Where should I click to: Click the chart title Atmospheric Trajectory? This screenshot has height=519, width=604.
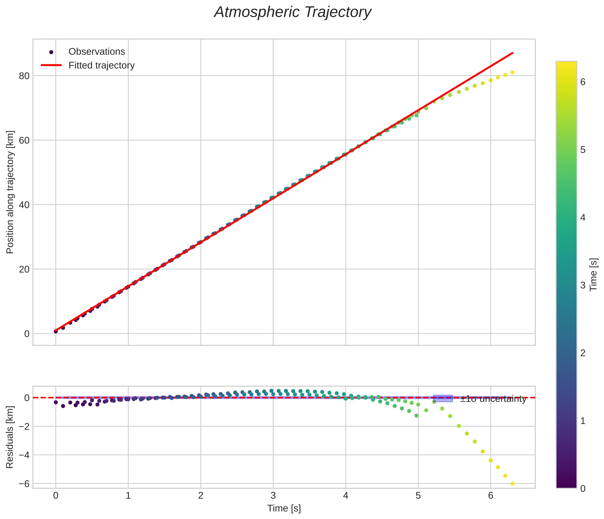click(x=293, y=12)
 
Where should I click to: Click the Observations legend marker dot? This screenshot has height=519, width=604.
click(x=51, y=52)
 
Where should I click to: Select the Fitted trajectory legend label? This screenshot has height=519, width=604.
click(x=101, y=65)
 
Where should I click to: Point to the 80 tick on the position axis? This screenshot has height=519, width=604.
click(x=24, y=76)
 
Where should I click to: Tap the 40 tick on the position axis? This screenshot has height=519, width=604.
click(x=24, y=205)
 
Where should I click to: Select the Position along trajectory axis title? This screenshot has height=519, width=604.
click(x=10, y=192)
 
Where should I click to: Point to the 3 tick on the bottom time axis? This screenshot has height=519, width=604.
click(x=273, y=496)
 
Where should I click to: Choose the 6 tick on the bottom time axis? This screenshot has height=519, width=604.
click(x=491, y=496)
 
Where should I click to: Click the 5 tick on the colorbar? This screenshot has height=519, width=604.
click(x=583, y=150)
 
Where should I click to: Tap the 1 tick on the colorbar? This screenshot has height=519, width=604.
click(x=583, y=421)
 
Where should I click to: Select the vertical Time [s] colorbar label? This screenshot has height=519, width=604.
click(x=594, y=275)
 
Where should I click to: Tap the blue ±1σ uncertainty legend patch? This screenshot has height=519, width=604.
click(x=443, y=399)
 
